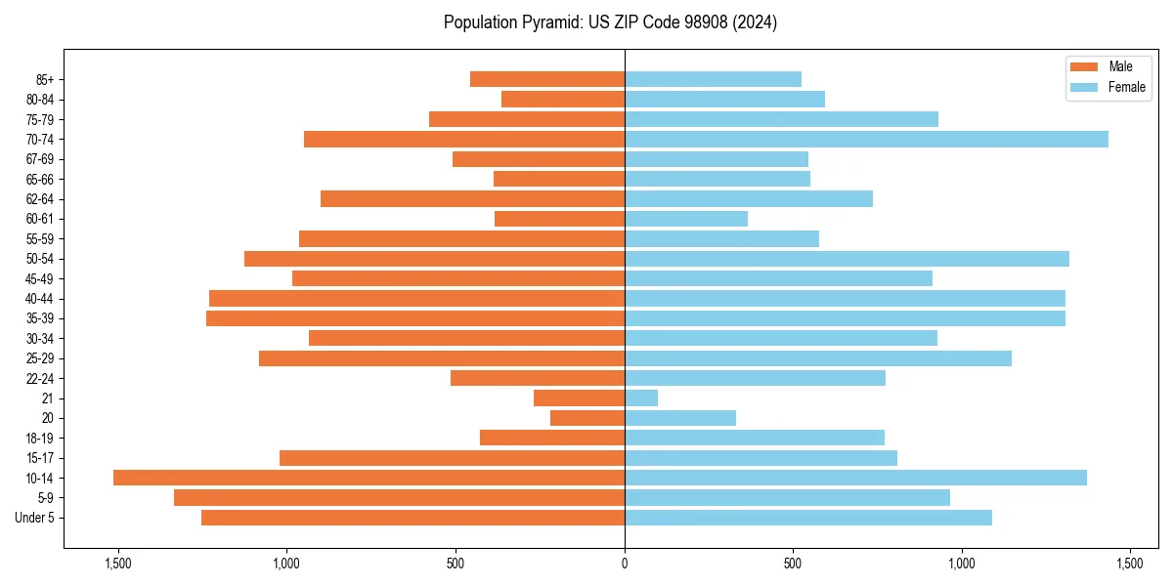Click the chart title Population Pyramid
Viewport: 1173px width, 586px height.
click(x=610, y=22)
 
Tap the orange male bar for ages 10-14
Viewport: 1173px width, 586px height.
click(x=369, y=478)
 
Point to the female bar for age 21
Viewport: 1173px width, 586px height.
click(x=641, y=398)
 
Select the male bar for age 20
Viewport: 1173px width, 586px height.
click(x=587, y=418)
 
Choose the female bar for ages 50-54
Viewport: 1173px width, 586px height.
click(x=847, y=259)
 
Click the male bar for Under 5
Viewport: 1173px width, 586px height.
click(x=413, y=518)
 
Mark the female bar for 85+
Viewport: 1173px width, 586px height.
click(x=713, y=79)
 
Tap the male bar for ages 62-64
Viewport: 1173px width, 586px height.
click(x=472, y=198)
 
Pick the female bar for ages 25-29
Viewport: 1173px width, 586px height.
click(x=818, y=358)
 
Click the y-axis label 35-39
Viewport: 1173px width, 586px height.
click(x=40, y=318)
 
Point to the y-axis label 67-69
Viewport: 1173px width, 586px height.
click(x=40, y=159)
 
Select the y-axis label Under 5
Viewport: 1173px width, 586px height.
click(x=35, y=518)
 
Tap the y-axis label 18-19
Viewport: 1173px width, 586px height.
click(x=40, y=439)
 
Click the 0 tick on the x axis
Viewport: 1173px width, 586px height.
click(x=625, y=565)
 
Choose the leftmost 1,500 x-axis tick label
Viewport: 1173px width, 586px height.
click(x=118, y=565)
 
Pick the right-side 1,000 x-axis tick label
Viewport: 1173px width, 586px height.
click(x=962, y=565)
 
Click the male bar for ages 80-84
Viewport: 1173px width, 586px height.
click(x=563, y=99)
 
